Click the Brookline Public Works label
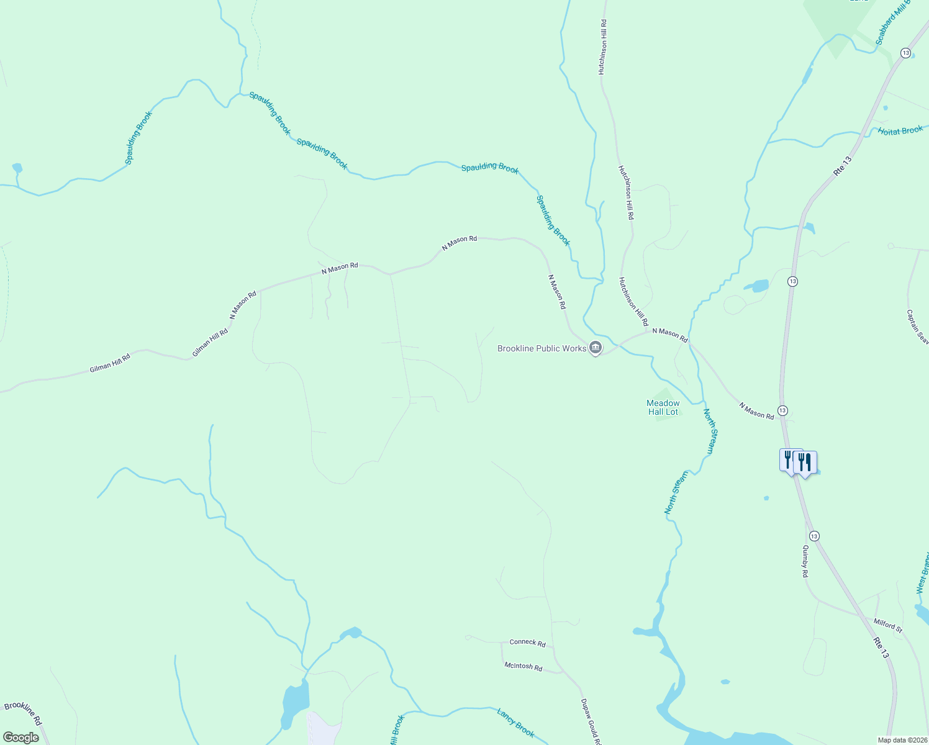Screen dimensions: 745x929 click(542, 348)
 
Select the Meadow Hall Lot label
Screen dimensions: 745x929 click(663, 408)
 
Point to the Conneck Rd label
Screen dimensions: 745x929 click(527, 643)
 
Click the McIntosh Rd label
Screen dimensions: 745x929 click(523, 667)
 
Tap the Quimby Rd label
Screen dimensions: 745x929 click(805, 561)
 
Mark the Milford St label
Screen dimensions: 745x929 click(888, 626)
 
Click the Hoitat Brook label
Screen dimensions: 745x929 click(900, 130)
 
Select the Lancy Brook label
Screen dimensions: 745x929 click(515, 723)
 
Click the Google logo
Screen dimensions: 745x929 click(20, 738)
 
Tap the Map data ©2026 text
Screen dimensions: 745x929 click(902, 740)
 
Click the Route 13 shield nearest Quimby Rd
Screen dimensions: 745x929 click(814, 536)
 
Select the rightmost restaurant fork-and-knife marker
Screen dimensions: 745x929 click(805, 463)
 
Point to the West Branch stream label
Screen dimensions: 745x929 click(922, 574)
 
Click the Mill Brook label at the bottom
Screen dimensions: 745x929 click(397, 730)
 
